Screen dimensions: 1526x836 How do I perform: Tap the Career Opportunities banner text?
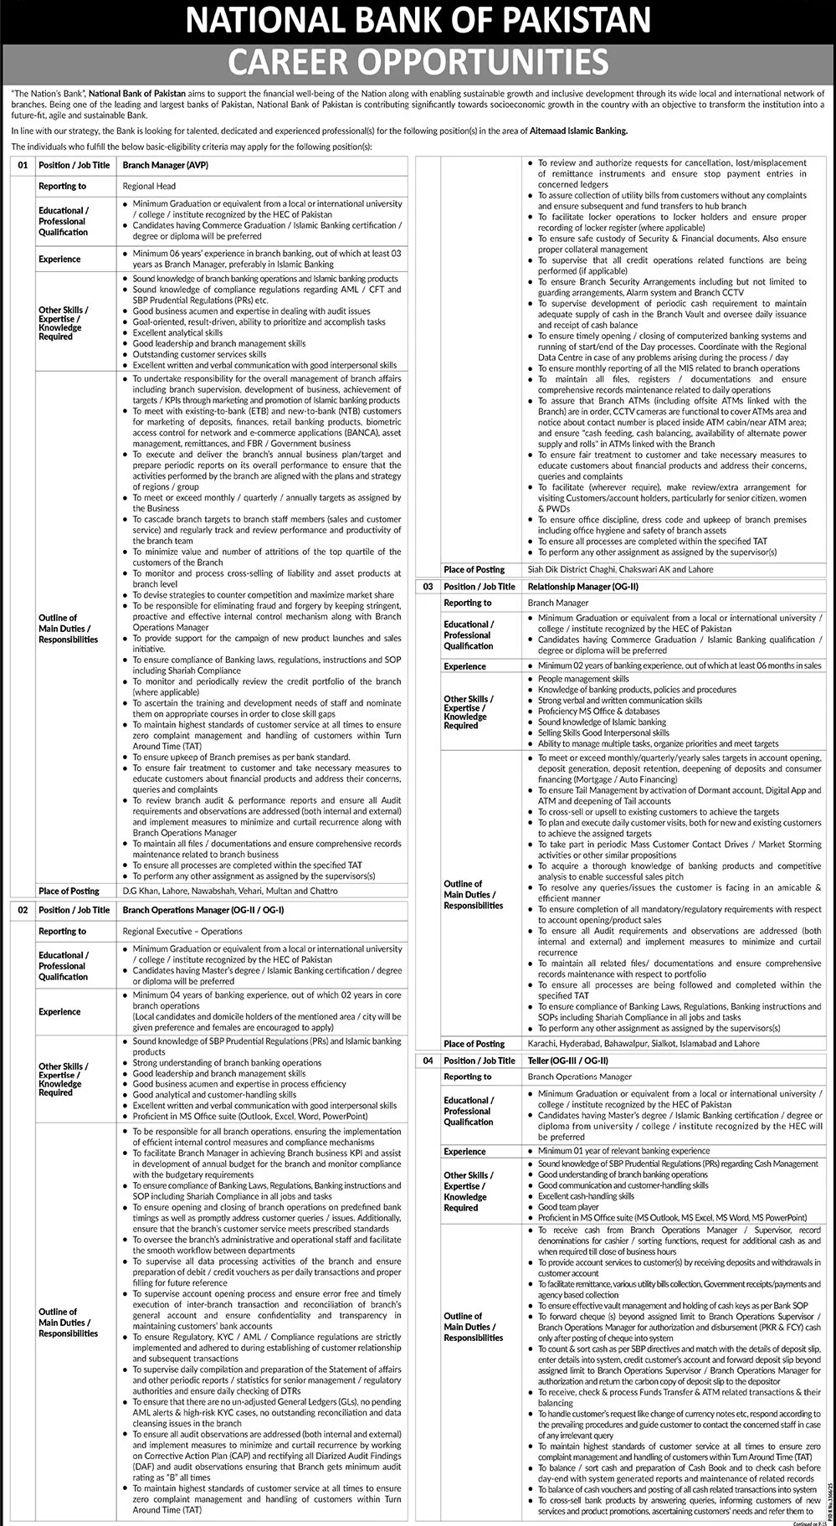(x=418, y=61)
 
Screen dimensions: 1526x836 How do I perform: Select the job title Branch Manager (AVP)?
(x=165, y=166)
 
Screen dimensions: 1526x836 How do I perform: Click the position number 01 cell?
(x=23, y=166)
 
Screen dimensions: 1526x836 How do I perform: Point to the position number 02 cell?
(x=23, y=910)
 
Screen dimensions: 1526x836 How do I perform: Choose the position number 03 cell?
(x=428, y=587)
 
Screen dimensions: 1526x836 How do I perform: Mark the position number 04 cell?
(x=428, y=1061)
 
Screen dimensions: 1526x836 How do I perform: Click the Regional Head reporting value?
(x=148, y=186)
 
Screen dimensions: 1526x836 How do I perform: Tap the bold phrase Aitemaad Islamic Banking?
(x=577, y=132)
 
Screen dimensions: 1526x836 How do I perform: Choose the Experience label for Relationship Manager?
(x=464, y=666)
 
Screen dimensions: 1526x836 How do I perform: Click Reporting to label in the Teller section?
(x=468, y=1076)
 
